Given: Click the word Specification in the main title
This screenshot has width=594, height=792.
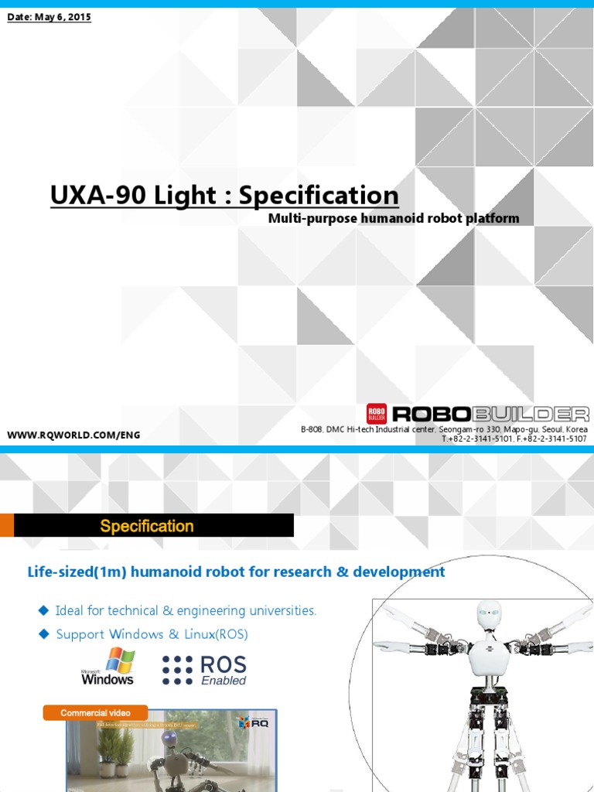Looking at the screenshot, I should pyautogui.click(x=319, y=195).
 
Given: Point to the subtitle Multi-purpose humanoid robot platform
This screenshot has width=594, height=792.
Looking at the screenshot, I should pyautogui.click(x=394, y=218).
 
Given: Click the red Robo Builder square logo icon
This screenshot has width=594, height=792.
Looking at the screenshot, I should pyautogui.click(x=377, y=414).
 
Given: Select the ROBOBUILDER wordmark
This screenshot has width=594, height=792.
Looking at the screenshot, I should pyautogui.click(x=490, y=415).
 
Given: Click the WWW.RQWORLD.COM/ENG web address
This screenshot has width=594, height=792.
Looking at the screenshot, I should pyautogui.click(x=73, y=435).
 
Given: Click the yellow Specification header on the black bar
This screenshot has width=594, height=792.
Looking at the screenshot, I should pyautogui.click(x=147, y=526).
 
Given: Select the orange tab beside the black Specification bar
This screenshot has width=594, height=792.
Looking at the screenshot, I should pyautogui.click(x=7, y=525).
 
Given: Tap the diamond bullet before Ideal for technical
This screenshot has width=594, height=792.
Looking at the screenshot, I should pyautogui.click(x=43, y=610).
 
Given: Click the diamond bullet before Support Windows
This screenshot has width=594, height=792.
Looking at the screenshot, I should pyautogui.click(x=43, y=633).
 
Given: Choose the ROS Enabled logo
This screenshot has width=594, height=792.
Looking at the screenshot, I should pyautogui.click(x=204, y=670).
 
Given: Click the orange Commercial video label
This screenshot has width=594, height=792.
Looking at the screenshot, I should pyautogui.click(x=95, y=712).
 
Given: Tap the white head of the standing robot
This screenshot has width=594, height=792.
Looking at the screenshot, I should pyautogui.click(x=489, y=616).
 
